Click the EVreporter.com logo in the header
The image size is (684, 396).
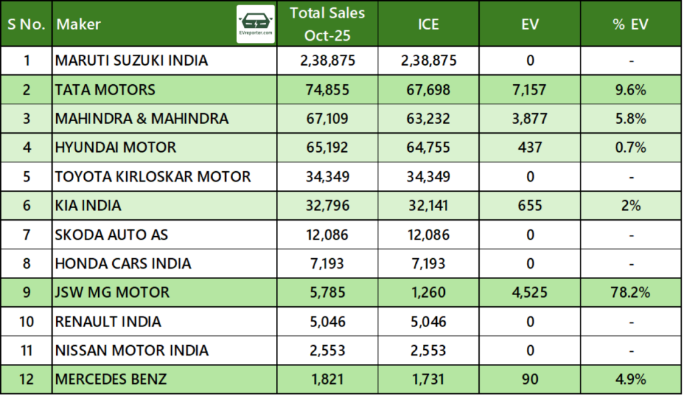[x=255, y=24]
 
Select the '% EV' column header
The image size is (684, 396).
[x=631, y=24]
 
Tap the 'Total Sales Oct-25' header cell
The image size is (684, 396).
[x=327, y=24]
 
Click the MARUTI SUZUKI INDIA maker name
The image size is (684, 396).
[x=132, y=61]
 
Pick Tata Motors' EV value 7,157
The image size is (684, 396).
[x=530, y=90]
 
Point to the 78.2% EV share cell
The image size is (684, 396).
[x=631, y=292]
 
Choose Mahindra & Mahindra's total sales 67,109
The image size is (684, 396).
[x=327, y=119]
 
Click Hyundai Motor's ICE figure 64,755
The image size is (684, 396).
[x=428, y=148]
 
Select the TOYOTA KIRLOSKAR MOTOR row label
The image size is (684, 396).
[x=153, y=177]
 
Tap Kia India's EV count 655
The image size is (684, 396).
[x=530, y=206]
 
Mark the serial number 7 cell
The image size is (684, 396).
[x=27, y=235]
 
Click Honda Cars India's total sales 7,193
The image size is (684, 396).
[x=327, y=264]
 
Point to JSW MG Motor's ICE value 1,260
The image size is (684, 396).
[x=428, y=292]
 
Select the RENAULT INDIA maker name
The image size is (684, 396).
[x=108, y=322]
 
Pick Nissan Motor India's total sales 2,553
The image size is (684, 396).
[x=327, y=351]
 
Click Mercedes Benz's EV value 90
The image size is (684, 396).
[x=530, y=379]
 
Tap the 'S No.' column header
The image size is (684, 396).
[x=27, y=24]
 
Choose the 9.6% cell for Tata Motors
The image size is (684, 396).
[x=631, y=90]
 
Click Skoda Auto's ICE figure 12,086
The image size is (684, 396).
[x=428, y=235]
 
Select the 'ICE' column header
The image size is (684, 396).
[x=428, y=24]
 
